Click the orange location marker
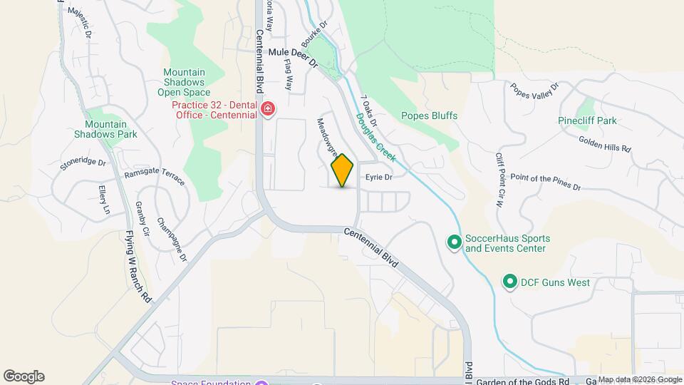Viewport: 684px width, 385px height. tap(343, 170)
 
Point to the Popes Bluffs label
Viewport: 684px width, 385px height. tap(429, 115)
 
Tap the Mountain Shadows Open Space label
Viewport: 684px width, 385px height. tap(184, 82)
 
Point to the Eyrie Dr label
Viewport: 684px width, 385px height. tap(379, 178)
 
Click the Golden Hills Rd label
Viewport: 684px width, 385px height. tap(605, 145)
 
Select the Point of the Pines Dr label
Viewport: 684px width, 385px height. tap(546, 181)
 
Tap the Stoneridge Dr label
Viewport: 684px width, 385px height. tap(83, 164)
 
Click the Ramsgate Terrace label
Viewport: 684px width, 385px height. tap(155, 178)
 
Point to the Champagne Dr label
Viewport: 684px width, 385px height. tap(172, 239)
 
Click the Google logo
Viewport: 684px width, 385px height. tap(24, 376)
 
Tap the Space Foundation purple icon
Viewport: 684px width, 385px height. tap(261, 384)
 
